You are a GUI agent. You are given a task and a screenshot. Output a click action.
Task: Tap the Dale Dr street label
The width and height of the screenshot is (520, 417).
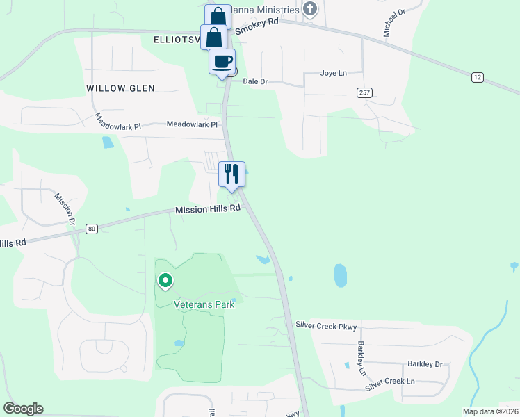255,81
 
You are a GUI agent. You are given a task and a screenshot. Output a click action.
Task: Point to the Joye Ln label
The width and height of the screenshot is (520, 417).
332,73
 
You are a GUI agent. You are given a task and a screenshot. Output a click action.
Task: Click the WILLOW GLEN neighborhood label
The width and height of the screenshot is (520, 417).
120,88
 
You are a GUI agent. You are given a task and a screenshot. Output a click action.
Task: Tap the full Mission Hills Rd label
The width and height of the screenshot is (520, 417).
207,209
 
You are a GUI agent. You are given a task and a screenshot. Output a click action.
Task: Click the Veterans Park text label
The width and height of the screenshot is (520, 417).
204,304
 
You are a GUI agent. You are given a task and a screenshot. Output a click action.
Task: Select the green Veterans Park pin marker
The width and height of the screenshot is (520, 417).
165,281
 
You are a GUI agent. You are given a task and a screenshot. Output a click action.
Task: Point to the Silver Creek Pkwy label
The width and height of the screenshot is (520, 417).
325,325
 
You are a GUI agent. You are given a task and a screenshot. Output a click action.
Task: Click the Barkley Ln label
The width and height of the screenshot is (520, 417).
361,357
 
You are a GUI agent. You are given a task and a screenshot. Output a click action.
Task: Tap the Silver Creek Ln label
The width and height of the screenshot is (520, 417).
391,382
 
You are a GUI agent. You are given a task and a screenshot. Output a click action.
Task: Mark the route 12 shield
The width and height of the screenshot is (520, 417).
476,77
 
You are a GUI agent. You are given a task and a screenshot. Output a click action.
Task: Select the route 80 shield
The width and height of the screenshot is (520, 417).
91,228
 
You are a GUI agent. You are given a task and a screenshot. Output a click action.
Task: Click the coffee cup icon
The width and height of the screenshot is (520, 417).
222,61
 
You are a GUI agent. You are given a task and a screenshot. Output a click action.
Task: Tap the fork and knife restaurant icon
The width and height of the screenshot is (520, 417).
231,174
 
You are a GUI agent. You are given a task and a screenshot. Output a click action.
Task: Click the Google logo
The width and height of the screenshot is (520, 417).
23,409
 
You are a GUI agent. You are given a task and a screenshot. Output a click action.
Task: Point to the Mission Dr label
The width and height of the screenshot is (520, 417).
65,211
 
